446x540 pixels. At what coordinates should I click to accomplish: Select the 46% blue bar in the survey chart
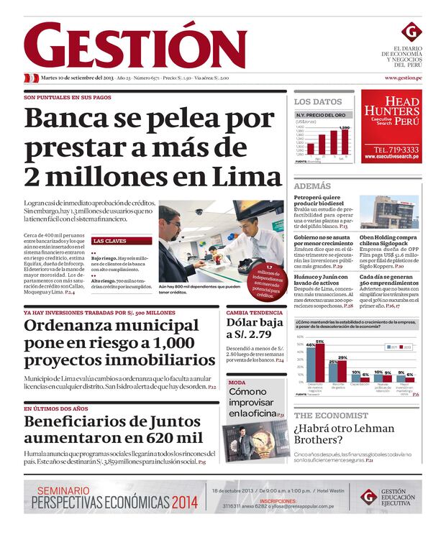click(x=311, y=364)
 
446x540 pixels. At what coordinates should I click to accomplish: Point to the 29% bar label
click(x=342, y=357)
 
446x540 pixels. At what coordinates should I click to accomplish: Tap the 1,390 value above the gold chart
click(x=345, y=128)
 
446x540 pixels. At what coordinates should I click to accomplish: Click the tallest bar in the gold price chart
click(x=345, y=142)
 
